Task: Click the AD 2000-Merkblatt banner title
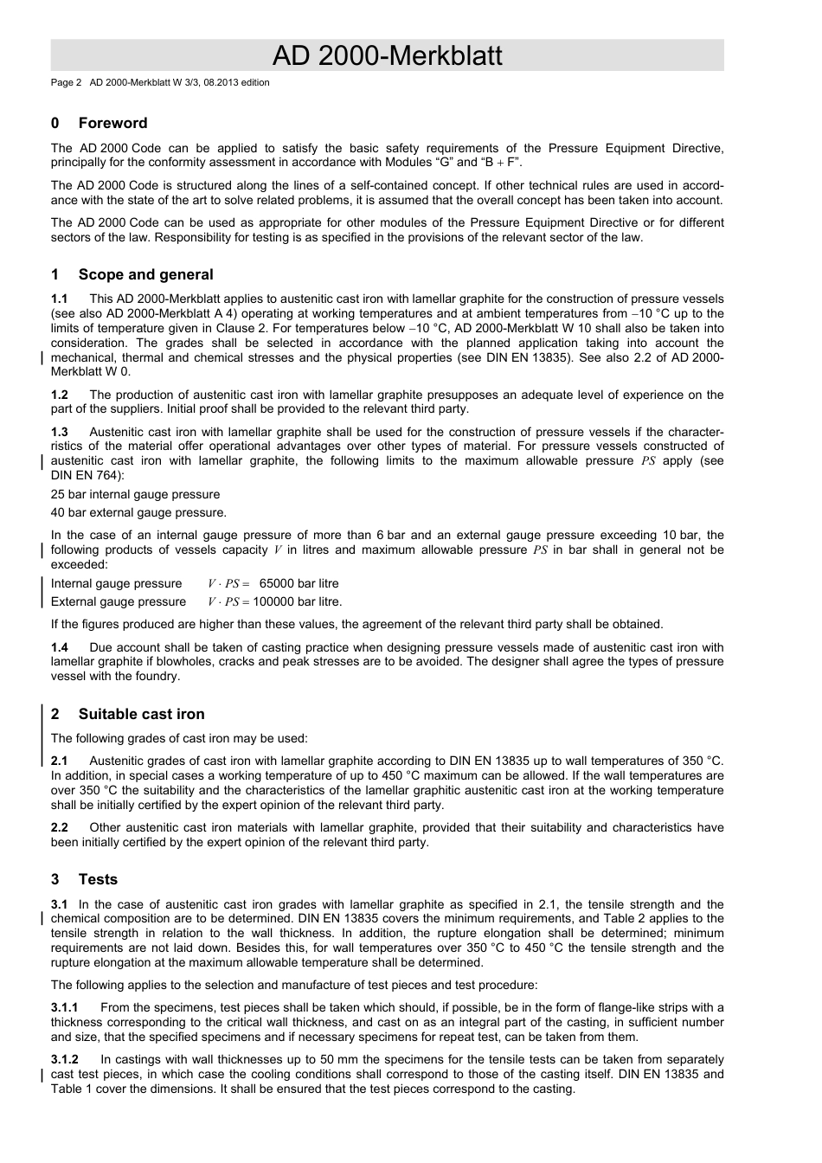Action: tap(387, 56)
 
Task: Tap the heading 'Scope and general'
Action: tap(145, 274)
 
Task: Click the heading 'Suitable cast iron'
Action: tap(141, 714)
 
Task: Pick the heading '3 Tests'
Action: tap(84, 879)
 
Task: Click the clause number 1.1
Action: tap(60, 299)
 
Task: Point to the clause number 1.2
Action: tap(60, 395)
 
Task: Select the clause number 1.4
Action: tap(60, 647)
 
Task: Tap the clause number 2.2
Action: tap(60, 827)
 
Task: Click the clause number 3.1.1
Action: tap(65, 1007)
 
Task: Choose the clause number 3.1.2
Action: tap(65, 1059)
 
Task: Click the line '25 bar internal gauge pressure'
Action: tap(135, 494)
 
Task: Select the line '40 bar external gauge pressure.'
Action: tap(138, 512)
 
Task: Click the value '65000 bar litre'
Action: tap(299, 584)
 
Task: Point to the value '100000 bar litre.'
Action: tap(298, 602)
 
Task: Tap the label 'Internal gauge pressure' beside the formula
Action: tap(116, 584)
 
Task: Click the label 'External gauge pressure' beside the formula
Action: tap(118, 602)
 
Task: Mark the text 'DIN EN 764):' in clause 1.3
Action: tap(87, 475)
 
